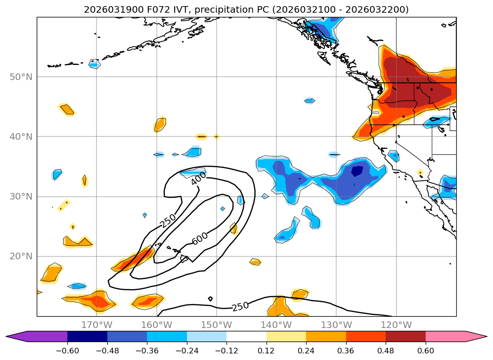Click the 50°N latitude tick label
tap(21, 77)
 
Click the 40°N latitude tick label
tap(21, 136)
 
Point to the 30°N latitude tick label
tap(21, 196)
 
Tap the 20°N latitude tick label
tap(21, 256)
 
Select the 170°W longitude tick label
tap(97, 325)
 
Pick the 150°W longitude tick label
tap(217, 325)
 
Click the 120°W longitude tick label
tap(396, 325)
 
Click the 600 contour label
tap(200, 239)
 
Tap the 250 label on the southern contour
tap(240, 306)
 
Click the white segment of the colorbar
tap(246, 336)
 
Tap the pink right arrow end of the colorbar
tap(476, 336)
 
